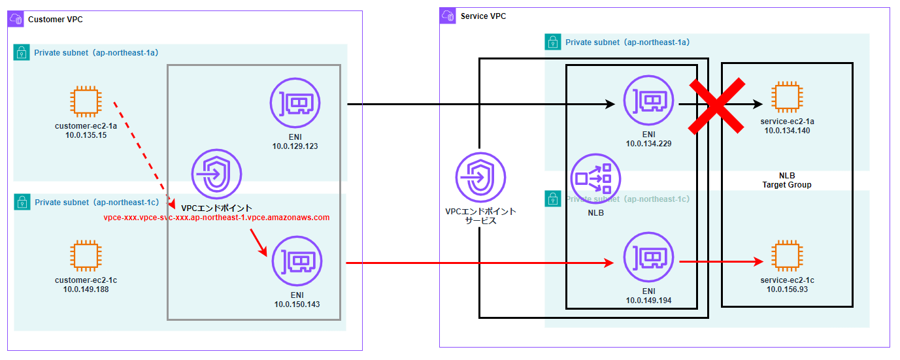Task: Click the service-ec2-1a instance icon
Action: pyautogui.click(x=787, y=97)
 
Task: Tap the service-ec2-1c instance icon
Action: pyautogui.click(x=787, y=257)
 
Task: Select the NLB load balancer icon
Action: pyautogui.click(x=595, y=178)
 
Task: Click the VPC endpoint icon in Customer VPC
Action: pyautogui.click(x=216, y=174)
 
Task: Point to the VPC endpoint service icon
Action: pyautogui.click(x=480, y=177)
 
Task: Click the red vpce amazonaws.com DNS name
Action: pyautogui.click(x=216, y=218)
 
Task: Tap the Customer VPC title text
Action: pyautogui.click(x=56, y=20)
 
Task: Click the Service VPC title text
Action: pyautogui.click(x=484, y=16)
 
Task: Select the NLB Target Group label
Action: pyautogui.click(x=786, y=180)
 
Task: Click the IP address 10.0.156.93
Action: pyautogui.click(x=787, y=289)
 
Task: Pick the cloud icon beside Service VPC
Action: pyautogui.click(x=448, y=16)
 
